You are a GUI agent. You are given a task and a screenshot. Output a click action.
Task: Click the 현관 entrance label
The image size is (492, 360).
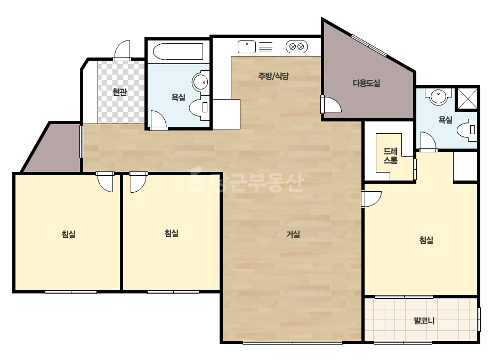coord(119,92)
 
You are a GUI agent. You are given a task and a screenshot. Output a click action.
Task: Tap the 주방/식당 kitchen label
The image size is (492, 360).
coord(273,76)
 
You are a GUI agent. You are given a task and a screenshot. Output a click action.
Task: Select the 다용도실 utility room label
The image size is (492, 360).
coord(367,84)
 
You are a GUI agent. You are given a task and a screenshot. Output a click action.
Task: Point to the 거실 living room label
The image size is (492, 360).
coord(293,234)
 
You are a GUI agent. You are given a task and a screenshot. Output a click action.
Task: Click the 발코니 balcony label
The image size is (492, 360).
coord(424,321)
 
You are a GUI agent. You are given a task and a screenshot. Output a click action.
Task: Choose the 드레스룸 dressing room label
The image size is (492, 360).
coord(391,156)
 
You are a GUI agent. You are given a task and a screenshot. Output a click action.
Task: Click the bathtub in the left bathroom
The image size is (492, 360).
coord(178,52)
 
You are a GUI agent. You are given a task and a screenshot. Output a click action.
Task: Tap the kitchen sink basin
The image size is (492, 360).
coord(247,47)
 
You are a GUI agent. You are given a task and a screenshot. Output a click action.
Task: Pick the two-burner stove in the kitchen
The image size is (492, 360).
coord(296,47)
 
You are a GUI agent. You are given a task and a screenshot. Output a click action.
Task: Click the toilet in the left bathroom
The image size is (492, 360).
coord(199,108)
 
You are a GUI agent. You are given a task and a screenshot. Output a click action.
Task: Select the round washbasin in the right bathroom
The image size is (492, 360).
coord(438,96)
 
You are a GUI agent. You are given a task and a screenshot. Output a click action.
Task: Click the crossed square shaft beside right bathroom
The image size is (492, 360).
coord(467,99)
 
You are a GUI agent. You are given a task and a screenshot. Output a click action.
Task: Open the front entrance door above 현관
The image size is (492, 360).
coord(122,50)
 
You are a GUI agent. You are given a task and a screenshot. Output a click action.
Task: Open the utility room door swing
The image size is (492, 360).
coord(330,104)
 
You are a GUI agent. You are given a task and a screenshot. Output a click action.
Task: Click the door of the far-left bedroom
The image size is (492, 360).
coord(105,182)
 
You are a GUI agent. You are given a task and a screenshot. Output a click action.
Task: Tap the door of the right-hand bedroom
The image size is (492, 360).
coord(371,199)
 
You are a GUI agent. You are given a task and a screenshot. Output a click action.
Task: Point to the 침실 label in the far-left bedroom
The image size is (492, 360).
coord(69,234)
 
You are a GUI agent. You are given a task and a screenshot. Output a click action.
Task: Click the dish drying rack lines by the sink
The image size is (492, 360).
coord(265,47)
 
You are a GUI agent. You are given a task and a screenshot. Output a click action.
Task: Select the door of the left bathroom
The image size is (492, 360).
coord(158,120)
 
